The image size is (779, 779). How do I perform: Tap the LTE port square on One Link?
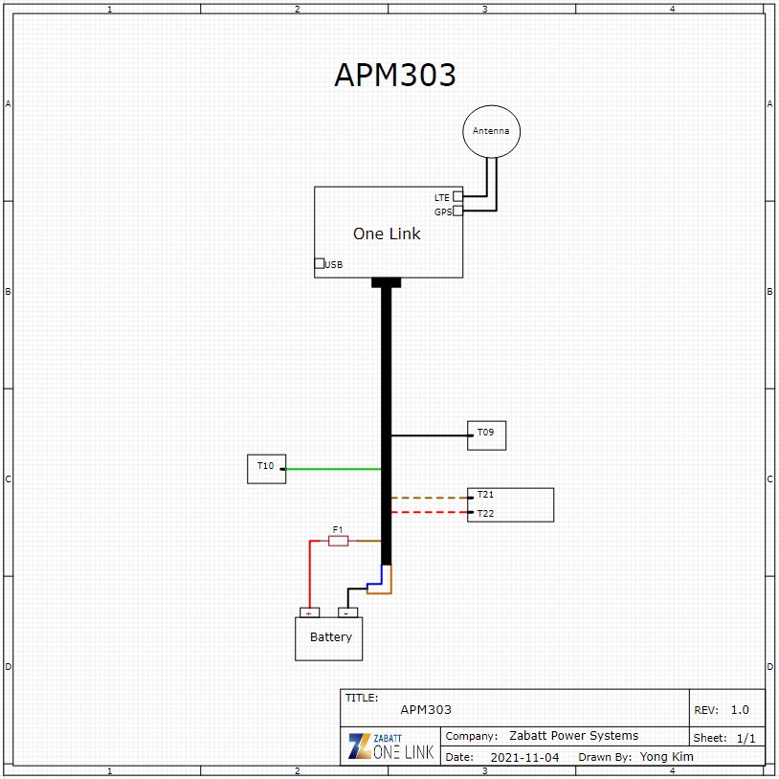pos(457,196)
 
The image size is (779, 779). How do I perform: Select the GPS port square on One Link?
pos(457,211)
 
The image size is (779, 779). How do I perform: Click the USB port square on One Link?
pos(320,263)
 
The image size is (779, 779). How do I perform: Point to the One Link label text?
pos(387,234)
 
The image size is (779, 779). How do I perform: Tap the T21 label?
pos(485,495)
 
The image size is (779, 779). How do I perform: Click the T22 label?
pos(485,513)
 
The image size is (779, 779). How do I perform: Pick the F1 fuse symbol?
pos(339,541)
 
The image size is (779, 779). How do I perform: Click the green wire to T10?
pos(333,469)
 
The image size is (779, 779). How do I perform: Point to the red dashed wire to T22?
pos(430,512)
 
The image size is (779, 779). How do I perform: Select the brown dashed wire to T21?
pos(430,498)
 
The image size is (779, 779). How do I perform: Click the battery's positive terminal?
pos(309,612)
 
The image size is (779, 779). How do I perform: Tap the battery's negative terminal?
pos(347,612)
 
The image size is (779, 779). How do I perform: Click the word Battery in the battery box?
pos(331,637)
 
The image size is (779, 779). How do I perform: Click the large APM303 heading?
pos(395,75)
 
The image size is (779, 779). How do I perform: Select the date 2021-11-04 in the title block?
pos(524,757)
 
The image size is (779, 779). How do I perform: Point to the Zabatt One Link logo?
pos(391,746)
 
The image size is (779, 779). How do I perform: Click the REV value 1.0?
pos(740,709)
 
